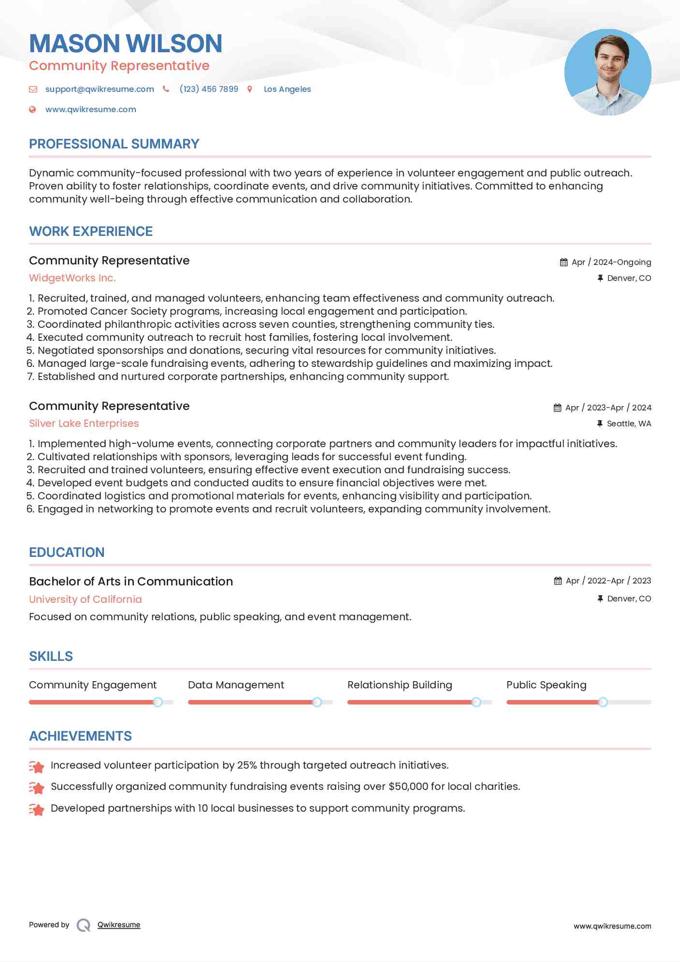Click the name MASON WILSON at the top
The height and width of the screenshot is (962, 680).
click(126, 44)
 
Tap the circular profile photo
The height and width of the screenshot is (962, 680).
click(608, 73)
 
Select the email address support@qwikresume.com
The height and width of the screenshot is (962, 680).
click(100, 89)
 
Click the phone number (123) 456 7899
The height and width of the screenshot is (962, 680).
click(209, 89)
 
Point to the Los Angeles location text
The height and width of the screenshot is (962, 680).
click(287, 89)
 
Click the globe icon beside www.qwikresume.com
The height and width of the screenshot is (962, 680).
click(32, 110)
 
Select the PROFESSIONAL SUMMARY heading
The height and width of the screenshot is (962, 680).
click(114, 144)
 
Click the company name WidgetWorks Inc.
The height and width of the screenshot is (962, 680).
click(72, 278)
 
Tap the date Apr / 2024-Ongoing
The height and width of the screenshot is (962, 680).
click(611, 262)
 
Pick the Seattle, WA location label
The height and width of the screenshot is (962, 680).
click(629, 423)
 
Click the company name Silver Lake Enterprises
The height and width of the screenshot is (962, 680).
click(84, 423)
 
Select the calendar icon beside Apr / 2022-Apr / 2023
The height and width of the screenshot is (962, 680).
click(558, 581)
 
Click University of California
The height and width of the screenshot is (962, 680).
click(86, 599)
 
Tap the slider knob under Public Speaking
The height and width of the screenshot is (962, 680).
click(603, 702)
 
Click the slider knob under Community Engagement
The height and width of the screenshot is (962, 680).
click(158, 702)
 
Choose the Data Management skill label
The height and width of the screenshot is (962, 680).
click(236, 685)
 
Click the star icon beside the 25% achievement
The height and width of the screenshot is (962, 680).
click(37, 766)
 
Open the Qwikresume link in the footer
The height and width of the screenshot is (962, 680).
click(119, 925)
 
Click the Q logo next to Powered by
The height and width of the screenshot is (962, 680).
click(84, 925)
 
